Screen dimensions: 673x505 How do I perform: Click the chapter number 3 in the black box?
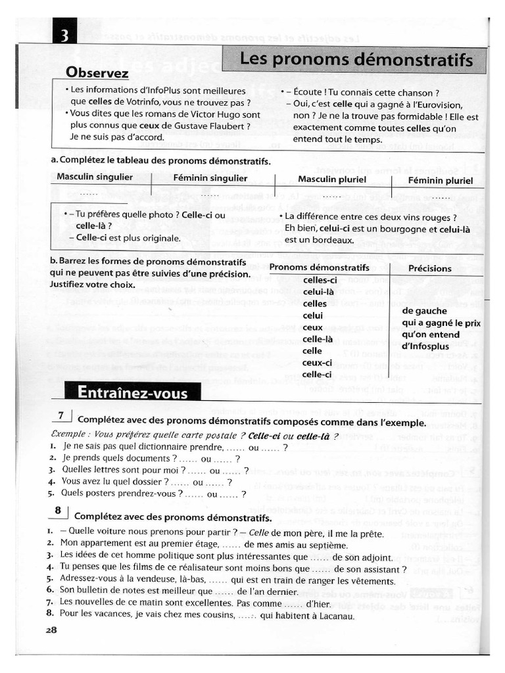point(65,35)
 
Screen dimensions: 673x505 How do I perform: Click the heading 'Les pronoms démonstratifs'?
point(356,60)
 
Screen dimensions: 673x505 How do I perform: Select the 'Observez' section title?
point(97,73)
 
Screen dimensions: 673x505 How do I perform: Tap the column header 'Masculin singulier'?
point(95,177)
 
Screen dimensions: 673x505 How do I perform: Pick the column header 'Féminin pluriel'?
point(440,180)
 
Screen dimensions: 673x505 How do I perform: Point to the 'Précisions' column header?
point(430,268)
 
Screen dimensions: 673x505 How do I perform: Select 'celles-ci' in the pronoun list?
point(320,281)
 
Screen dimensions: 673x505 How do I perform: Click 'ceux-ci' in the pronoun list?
point(317,363)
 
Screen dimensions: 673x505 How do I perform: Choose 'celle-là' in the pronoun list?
point(318,339)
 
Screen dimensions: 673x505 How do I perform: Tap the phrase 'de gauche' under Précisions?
point(424,311)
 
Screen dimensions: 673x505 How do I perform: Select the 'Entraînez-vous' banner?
point(132,393)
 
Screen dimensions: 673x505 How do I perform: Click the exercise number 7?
point(60,415)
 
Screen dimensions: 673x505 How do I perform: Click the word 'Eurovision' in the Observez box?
point(439,105)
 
